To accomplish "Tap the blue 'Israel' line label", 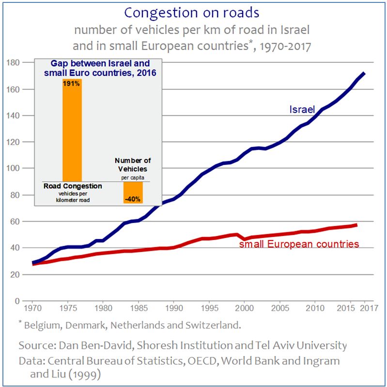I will click(x=302, y=110).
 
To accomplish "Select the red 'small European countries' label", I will click(x=299, y=244).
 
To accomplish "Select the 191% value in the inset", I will click(x=72, y=84).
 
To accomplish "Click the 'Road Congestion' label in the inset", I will click(x=73, y=186).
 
